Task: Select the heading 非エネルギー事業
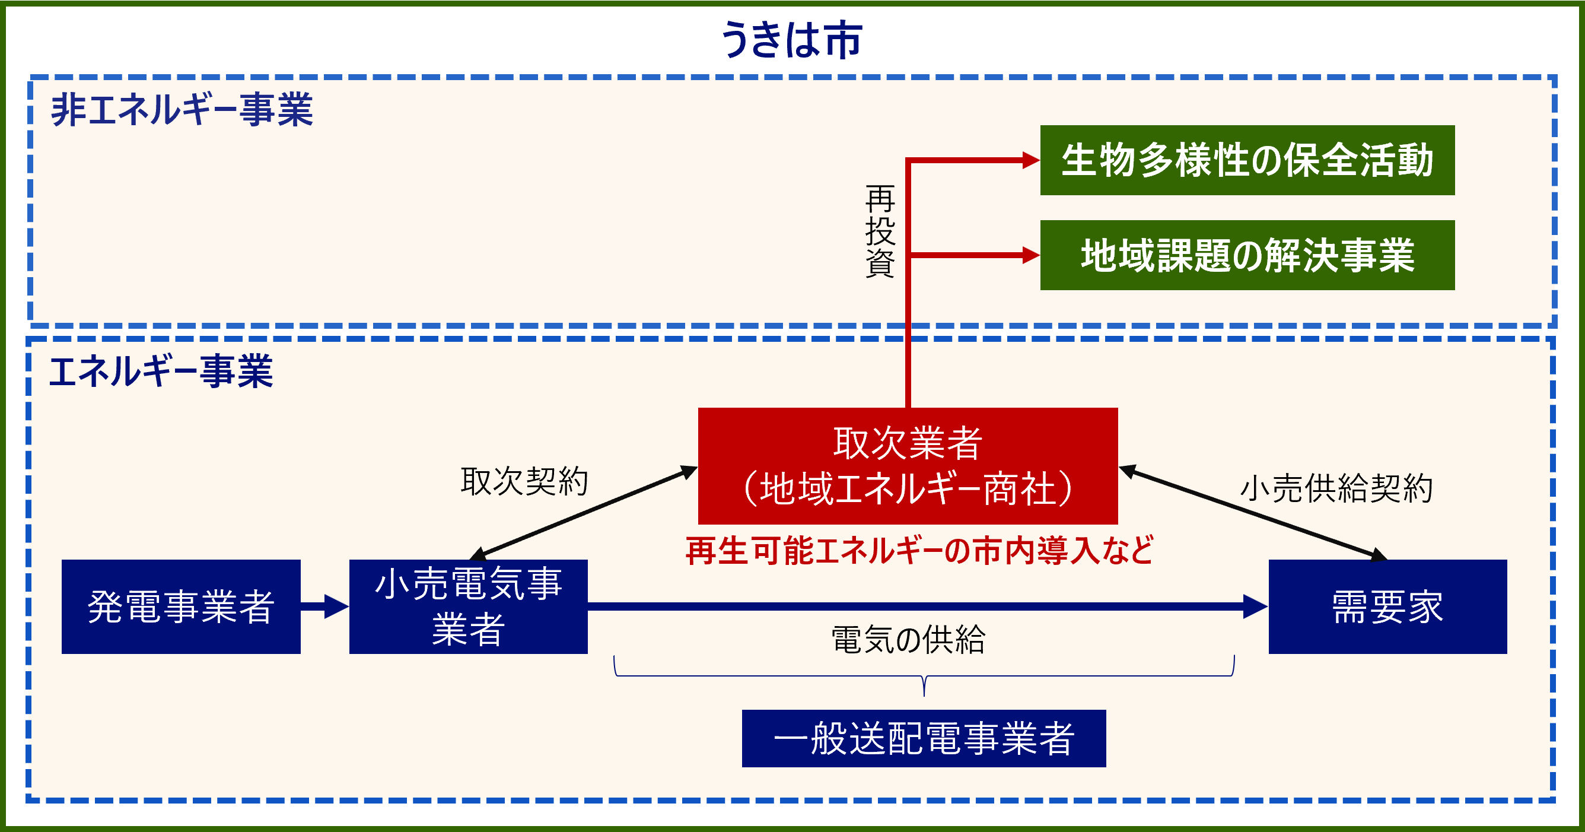(x=182, y=110)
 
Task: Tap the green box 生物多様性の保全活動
(x=1247, y=160)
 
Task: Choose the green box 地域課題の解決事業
(x=1247, y=255)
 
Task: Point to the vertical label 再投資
(x=879, y=231)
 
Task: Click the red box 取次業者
(x=908, y=465)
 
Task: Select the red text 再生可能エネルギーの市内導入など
(x=919, y=551)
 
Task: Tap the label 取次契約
(x=524, y=481)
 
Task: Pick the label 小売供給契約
(x=1336, y=488)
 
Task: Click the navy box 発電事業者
(x=181, y=606)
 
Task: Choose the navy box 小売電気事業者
(x=468, y=606)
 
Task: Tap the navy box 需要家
(x=1387, y=606)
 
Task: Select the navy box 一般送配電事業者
(x=924, y=738)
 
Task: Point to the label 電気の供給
(x=908, y=639)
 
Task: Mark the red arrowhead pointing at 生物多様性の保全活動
(x=1030, y=160)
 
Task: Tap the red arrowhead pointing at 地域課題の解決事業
(x=1030, y=255)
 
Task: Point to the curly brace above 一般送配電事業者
(x=924, y=677)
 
